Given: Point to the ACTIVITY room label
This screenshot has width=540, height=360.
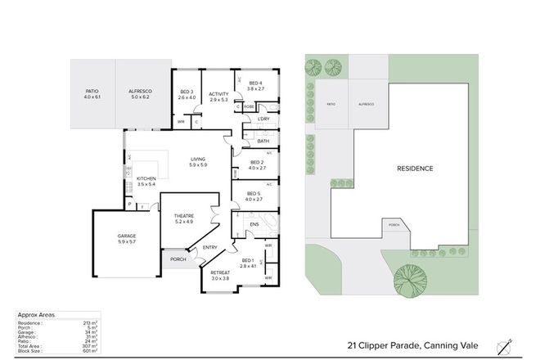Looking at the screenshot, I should [218, 97].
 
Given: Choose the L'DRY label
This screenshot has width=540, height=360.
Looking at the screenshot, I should [263, 119].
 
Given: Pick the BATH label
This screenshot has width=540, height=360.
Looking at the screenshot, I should [263, 141].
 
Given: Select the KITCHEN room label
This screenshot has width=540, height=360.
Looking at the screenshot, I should [146, 182].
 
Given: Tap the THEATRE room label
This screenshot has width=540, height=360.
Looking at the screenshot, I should [183, 217].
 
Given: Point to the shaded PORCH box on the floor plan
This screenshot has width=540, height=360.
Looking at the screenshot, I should [178, 259].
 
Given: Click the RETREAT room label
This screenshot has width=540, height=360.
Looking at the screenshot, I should [219, 275].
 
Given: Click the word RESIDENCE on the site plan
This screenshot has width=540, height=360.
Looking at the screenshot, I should [415, 169].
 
